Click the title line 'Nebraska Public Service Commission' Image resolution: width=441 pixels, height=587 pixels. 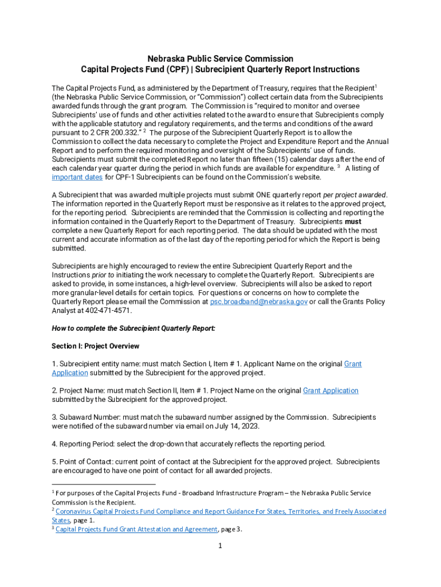(220, 58)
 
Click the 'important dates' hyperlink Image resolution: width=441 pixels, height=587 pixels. (77, 177)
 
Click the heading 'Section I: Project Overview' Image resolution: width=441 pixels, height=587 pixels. (95, 346)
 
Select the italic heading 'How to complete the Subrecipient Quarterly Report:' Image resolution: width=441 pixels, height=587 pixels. (133, 328)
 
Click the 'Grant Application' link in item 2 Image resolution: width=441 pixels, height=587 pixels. (330, 391)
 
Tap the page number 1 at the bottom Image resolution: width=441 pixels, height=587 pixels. (220, 546)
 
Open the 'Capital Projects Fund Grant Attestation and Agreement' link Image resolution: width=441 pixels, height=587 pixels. (136, 529)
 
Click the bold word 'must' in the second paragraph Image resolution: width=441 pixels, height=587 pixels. (353, 221)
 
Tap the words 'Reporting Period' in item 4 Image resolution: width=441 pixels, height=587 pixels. (86, 444)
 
